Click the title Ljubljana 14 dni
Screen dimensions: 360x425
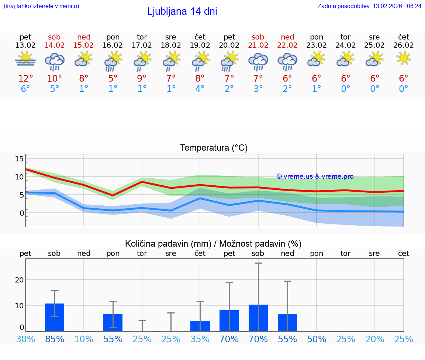coord(182,11)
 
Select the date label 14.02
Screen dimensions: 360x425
coord(54,45)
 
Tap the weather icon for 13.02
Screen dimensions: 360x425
coord(25,59)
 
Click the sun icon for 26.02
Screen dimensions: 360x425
coord(404,58)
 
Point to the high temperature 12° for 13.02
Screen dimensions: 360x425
coord(25,79)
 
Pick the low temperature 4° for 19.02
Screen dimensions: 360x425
coord(200,89)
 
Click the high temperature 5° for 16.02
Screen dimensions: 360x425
coord(113,79)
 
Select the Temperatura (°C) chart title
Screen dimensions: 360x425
coord(214,148)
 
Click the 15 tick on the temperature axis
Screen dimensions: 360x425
coord(19,159)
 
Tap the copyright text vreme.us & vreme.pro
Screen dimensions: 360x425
coord(315,176)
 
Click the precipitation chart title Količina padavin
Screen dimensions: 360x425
coord(213,244)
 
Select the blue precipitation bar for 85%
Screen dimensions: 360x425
coord(55,317)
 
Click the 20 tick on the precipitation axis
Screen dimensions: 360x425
coord(19,280)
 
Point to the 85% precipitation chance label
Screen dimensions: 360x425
coord(55,339)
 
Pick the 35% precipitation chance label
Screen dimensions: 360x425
coord(200,339)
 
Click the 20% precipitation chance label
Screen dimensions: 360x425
coord(375,339)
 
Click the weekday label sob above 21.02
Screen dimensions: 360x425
coord(258,37)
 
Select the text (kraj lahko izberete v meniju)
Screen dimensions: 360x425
coord(41,6)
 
